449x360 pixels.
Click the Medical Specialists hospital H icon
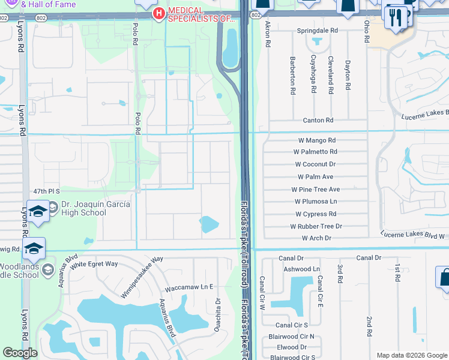(x=158, y=13)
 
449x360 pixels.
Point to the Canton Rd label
(x=318, y=120)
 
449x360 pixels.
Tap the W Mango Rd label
(x=316, y=140)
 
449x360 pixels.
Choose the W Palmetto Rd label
(x=316, y=152)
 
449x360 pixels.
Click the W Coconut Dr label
(x=315, y=164)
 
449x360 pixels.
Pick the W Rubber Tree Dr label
(x=316, y=226)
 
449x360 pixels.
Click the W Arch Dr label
(x=316, y=238)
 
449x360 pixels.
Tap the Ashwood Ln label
(x=302, y=269)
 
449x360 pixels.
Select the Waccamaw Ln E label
(x=190, y=287)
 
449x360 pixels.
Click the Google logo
(x=20, y=353)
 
